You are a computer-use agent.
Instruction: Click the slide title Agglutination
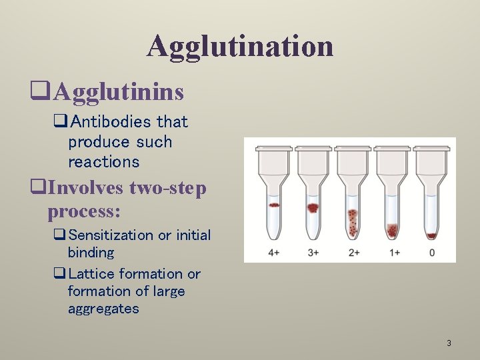pos(240,46)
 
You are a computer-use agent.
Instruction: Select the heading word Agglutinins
pos(119,91)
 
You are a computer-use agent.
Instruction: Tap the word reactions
pos(103,162)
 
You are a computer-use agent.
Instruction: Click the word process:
pos(84,212)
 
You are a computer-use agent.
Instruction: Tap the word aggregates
pos(103,309)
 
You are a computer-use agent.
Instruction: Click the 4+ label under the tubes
pos(273,252)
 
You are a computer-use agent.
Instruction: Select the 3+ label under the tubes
pos(313,252)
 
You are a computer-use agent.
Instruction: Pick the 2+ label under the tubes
pos(353,252)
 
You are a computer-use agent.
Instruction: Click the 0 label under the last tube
pos(432,252)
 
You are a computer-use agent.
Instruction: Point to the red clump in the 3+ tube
pos(313,208)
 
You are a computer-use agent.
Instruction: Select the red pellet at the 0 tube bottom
pos(432,235)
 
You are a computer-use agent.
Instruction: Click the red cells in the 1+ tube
pos(393,230)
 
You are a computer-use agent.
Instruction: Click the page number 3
pos(449,343)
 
